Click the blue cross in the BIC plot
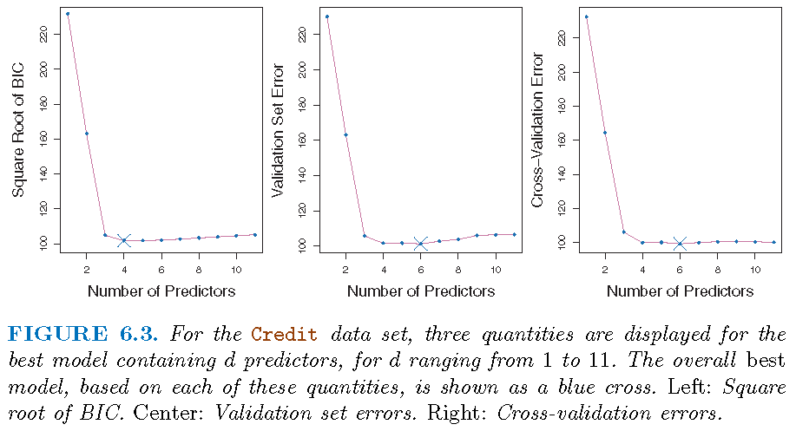pyautogui.click(x=124, y=240)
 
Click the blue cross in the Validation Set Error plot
pyautogui.click(x=421, y=244)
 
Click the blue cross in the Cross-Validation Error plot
pyautogui.click(x=680, y=244)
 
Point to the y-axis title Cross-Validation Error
pyautogui.click(x=537, y=130)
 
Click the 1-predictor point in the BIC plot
pyautogui.click(x=68, y=14)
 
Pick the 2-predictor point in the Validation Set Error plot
pyautogui.click(x=346, y=135)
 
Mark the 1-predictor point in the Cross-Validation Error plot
pyautogui.click(x=587, y=16)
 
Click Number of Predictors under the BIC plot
pyautogui.click(x=161, y=291)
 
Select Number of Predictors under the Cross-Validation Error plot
pyautogui.click(x=680, y=291)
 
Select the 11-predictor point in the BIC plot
pyautogui.click(x=254, y=234)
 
